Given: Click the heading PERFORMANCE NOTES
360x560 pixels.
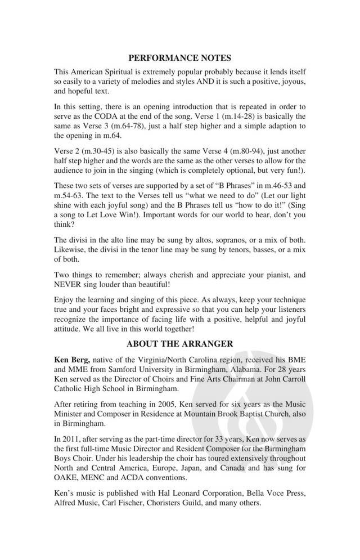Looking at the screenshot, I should click(x=180, y=57).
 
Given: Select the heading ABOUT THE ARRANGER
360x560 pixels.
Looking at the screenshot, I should click(x=180, y=343).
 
